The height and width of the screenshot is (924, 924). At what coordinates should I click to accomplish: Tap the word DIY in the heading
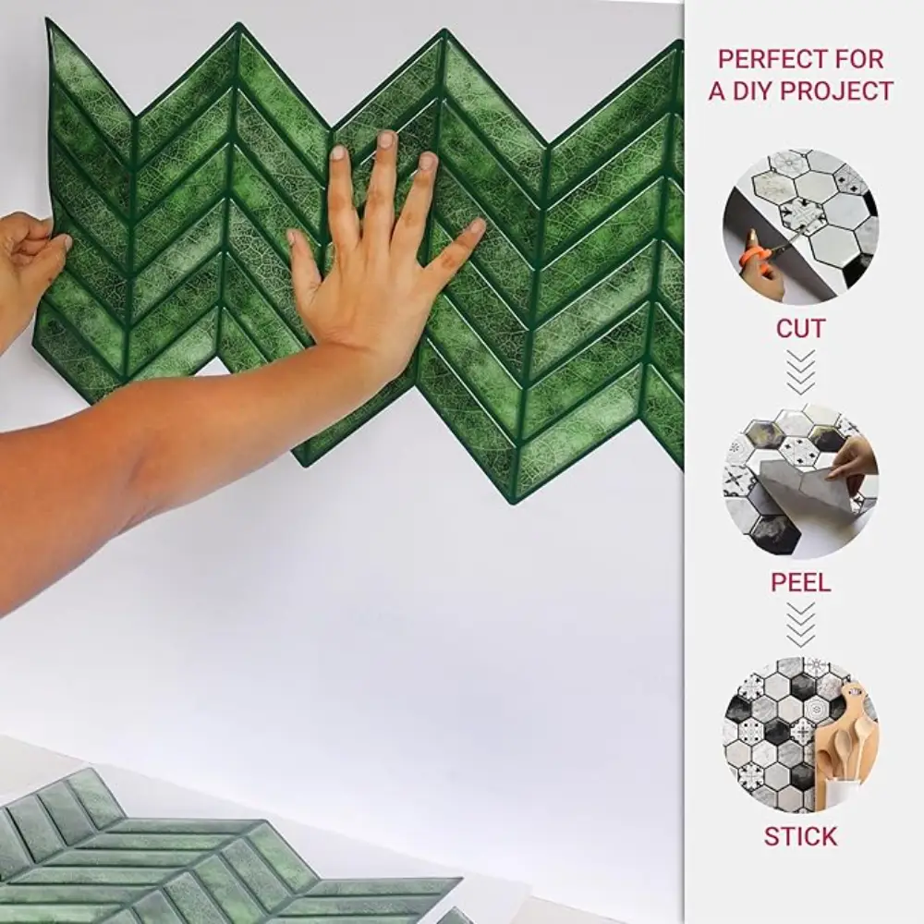[x=758, y=91]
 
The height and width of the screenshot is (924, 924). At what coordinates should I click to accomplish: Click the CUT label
[x=801, y=329]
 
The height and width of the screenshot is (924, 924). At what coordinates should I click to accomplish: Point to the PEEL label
[x=801, y=582]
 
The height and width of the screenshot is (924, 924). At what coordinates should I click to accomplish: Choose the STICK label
[x=800, y=837]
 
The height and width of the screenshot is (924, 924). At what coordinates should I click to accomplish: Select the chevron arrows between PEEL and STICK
[x=801, y=625]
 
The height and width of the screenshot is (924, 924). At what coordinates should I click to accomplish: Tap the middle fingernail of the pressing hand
[x=386, y=140]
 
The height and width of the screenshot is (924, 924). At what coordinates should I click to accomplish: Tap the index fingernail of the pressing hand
[x=337, y=153]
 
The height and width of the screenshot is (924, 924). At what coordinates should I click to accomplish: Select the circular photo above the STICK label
[x=800, y=735]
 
